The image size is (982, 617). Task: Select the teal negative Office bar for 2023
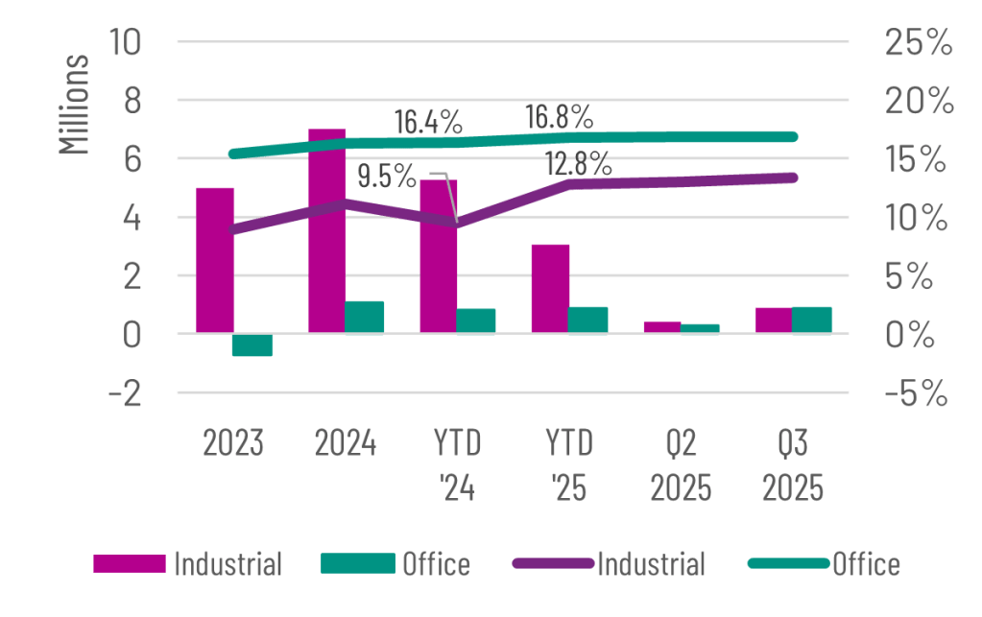(253, 344)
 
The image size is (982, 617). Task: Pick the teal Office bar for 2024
(365, 317)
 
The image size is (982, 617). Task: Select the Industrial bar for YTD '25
(550, 288)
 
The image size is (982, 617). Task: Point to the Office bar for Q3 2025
(812, 320)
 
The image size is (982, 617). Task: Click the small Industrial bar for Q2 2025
(662, 327)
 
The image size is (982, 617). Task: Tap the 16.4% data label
(429, 122)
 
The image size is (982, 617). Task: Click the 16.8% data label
(559, 118)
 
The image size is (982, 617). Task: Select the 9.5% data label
(387, 177)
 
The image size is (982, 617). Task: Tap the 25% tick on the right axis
(920, 42)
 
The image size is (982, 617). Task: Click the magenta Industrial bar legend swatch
(128, 563)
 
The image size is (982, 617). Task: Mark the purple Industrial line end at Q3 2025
(793, 177)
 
